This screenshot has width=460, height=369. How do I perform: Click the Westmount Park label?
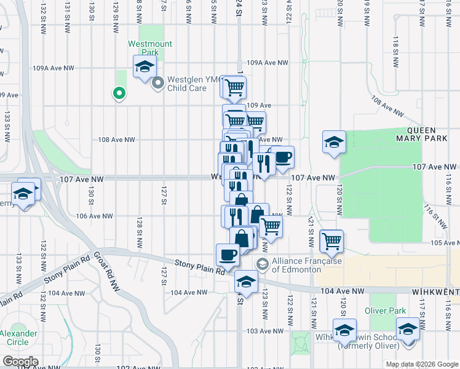[x=149, y=48]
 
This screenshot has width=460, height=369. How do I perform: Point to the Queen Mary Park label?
[x=429, y=134]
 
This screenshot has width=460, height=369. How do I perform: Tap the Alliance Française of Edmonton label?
[x=301, y=265]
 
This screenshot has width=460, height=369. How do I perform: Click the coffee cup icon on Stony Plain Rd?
[x=228, y=255]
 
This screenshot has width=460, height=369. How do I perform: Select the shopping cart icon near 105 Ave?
[x=332, y=240]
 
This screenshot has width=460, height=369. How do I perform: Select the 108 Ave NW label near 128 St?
[x=116, y=140]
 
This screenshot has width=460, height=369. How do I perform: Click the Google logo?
[x=20, y=362]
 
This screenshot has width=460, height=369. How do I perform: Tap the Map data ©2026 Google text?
[x=421, y=364]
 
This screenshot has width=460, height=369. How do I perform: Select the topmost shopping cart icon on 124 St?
[x=234, y=88]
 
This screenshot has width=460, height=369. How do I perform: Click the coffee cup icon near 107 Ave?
[x=283, y=157]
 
